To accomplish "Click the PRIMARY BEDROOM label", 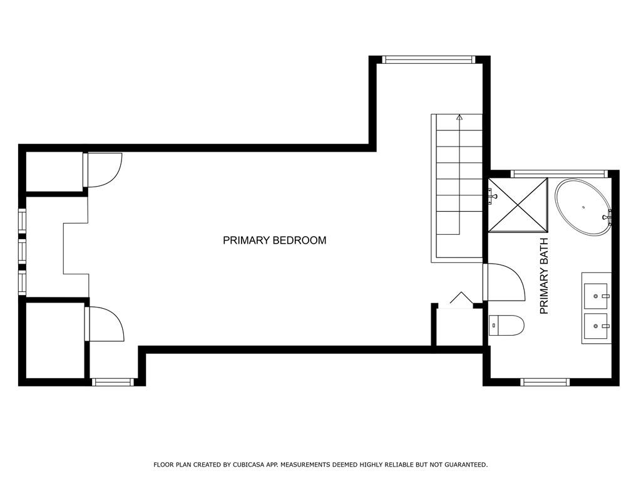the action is (x=274, y=240).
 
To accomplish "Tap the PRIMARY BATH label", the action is (x=544, y=276).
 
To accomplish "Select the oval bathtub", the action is (x=583, y=207).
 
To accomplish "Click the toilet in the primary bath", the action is (x=506, y=325).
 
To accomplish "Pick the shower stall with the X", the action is (x=518, y=205).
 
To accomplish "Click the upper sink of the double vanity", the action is (x=596, y=296).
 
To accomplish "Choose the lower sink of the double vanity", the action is (x=596, y=326).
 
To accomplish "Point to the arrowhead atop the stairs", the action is (x=459, y=117).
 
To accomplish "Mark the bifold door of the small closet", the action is (x=461, y=297).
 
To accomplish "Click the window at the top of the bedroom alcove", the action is (x=429, y=59).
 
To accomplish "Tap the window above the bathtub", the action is (x=559, y=173).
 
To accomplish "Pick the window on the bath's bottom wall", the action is (x=545, y=382).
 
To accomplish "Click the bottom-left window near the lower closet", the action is (x=113, y=382).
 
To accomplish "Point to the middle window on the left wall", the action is (x=22, y=252).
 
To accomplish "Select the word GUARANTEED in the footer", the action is (x=466, y=465).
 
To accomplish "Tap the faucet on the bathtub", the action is (x=608, y=217).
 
